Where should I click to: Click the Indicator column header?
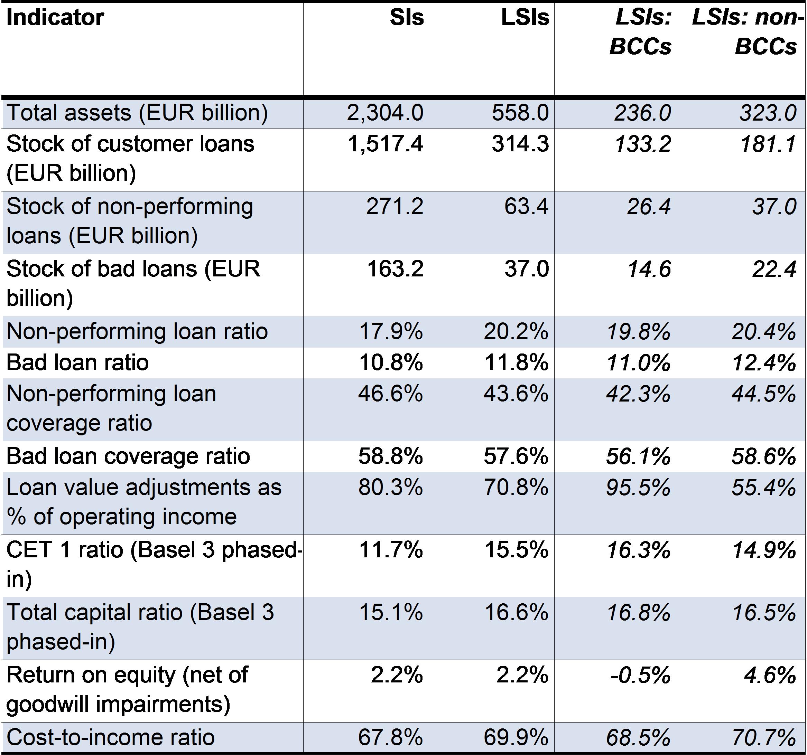coord(55,18)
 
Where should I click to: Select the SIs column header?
coord(407,18)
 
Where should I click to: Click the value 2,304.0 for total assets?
coord(385,113)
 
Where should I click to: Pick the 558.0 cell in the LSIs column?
coord(520,113)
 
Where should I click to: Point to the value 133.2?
coord(643,144)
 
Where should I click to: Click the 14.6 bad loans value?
coord(649,269)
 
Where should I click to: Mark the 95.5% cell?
coord(639,488)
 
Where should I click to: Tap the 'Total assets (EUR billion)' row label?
coord(137,113)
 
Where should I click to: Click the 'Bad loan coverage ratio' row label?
coord(128,456)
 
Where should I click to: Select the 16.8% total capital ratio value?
coord(639,613)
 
